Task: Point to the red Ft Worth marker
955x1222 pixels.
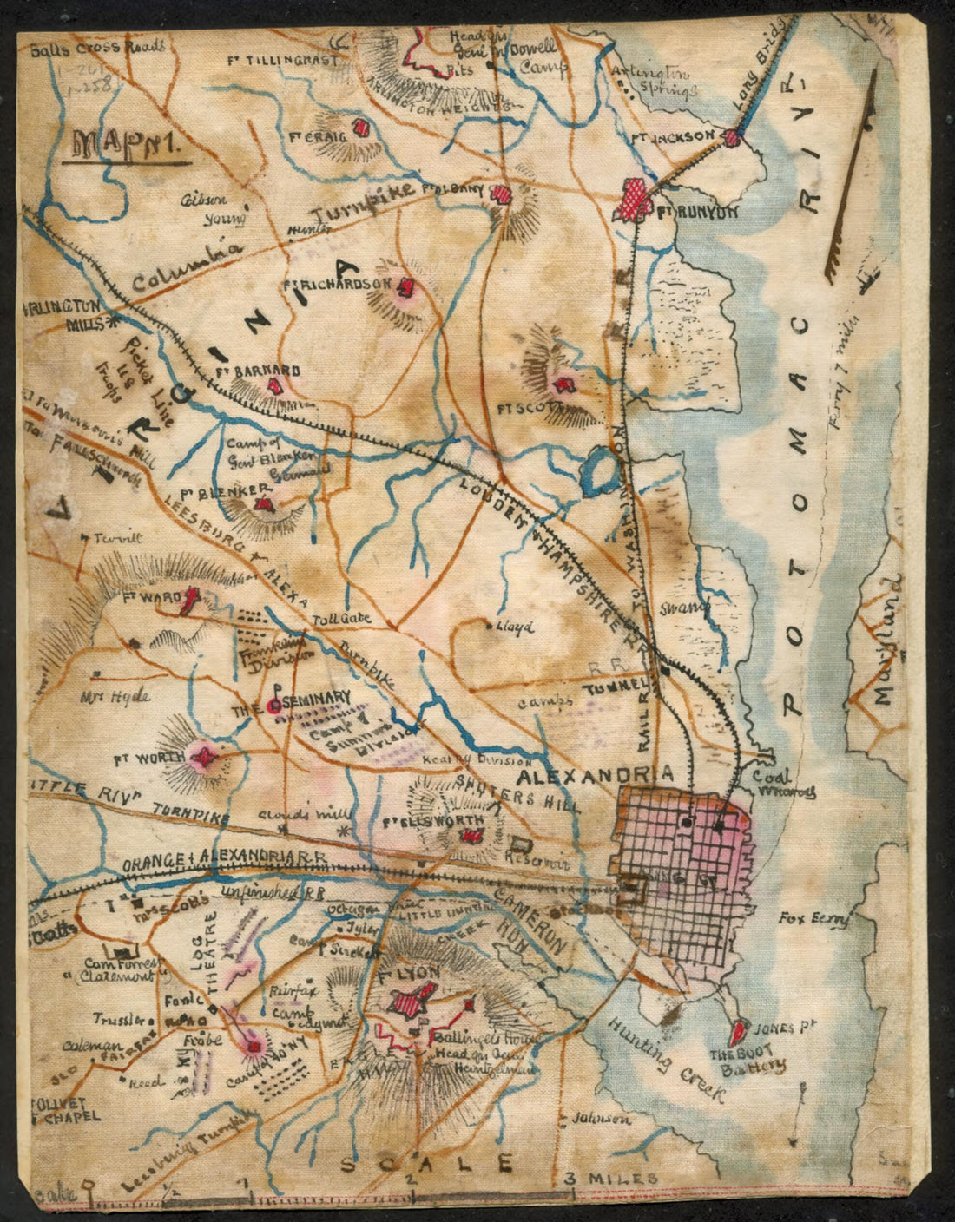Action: pos(205,759)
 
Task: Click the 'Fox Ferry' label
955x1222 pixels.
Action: pos(813,918)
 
